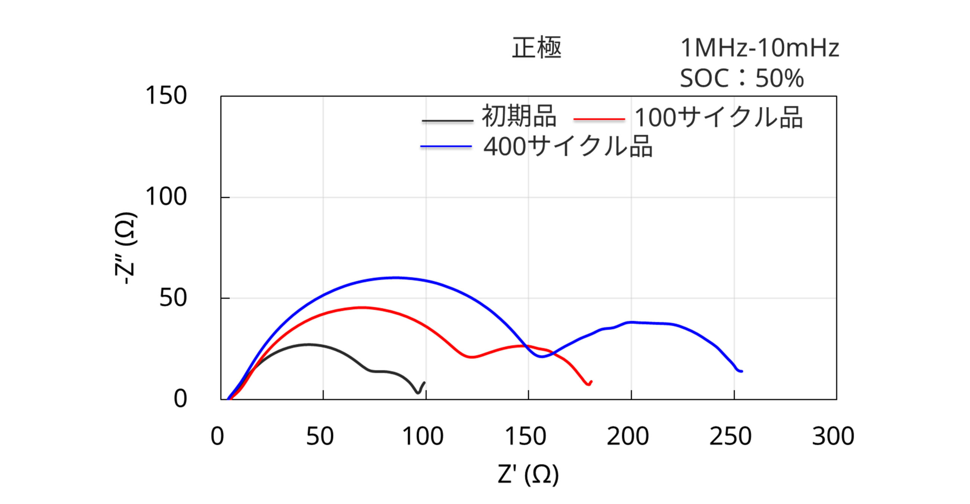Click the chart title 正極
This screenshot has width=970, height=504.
536,48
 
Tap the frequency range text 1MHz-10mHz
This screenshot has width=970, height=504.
759,48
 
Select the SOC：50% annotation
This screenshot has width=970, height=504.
742,78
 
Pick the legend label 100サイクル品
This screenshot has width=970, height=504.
718,117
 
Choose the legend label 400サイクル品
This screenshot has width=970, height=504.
568,146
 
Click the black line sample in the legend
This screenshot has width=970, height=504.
447,121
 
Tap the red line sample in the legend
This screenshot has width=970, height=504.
599,119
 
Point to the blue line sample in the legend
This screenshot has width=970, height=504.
446,146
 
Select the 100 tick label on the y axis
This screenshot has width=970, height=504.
166,197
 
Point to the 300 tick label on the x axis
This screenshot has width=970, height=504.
833,436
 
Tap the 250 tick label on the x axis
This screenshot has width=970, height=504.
730,436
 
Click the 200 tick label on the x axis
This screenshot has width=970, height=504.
627,436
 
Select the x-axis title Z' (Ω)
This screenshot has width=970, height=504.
528,474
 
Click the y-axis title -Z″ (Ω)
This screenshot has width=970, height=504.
126,248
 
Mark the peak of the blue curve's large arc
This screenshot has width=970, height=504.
395,278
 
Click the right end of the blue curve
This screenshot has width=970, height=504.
742,371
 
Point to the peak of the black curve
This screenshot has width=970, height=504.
309,344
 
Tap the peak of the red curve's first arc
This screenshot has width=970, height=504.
362,307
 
